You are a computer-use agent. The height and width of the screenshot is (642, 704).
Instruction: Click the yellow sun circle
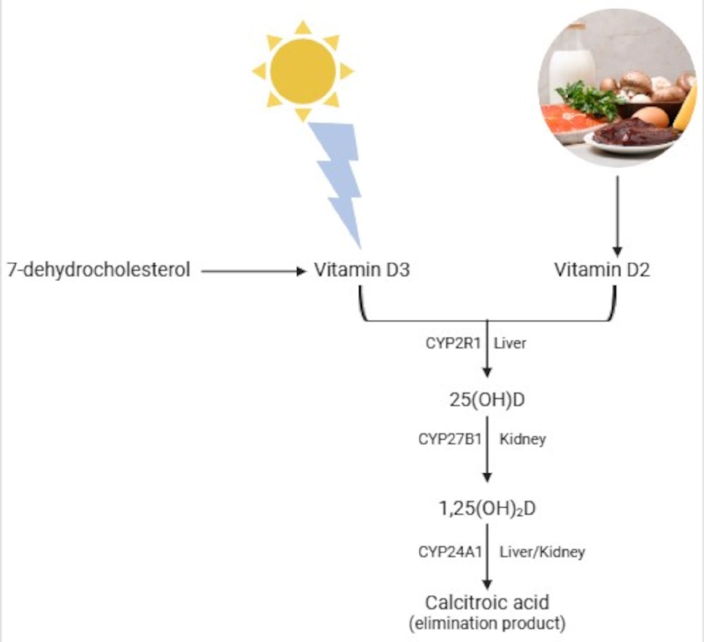coord(302,71)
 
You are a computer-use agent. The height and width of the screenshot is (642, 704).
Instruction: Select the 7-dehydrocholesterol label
coord(99,271)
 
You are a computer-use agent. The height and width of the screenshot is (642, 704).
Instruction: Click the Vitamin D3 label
coord(361,271)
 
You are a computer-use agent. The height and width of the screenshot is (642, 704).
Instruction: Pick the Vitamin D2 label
coord(602,271)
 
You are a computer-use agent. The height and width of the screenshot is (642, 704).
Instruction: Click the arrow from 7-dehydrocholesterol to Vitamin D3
coord(252,272)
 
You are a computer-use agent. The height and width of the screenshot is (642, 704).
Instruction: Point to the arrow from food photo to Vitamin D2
coord(617,212)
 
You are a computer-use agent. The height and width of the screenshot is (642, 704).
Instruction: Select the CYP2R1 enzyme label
coord(452,343)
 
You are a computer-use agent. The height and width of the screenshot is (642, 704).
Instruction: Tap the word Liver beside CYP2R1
coord(509,343)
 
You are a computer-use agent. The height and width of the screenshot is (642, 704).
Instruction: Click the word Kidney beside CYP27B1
coord(522,440)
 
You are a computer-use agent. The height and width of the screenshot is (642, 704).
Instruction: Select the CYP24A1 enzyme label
coord(450,552)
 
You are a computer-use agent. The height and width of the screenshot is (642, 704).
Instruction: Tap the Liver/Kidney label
coord(542,552)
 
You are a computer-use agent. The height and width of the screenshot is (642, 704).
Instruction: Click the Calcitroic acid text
coord(487,603)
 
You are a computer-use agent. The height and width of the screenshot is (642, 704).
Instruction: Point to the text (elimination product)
coord(487,623)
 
